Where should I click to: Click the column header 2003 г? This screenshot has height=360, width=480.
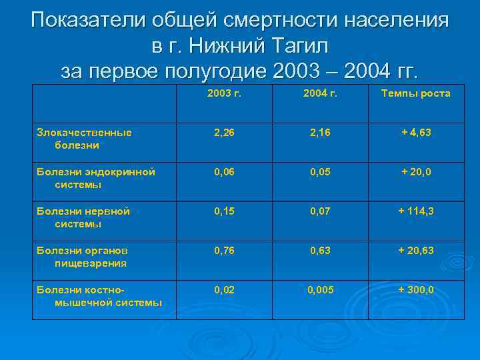[x=224, y=93]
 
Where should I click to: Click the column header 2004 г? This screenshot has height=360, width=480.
[x=320, y=93]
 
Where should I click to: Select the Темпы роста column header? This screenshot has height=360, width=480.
[x=415, y=93]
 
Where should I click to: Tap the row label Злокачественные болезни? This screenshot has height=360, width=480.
[x=84, y=138]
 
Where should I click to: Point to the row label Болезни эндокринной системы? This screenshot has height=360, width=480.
[x=96, y=177]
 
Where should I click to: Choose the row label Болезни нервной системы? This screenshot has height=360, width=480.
[x=83, y=217]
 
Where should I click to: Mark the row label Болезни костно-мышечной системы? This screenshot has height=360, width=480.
[x=99, y=296]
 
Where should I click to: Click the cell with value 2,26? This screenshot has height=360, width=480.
[x=224, y=133]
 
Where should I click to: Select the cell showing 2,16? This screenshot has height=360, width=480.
[x=320, y=133]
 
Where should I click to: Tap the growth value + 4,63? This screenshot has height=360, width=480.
[x=415, y=133]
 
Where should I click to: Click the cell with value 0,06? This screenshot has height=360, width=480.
[x=224, y=172]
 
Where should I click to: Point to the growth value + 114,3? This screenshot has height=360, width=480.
[x=415, y=211]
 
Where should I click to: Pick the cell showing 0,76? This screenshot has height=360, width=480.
[x=224, y=251]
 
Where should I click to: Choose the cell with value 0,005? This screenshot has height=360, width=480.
[x=320, y=290]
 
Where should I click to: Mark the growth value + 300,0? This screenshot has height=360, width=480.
[x=415, y=290]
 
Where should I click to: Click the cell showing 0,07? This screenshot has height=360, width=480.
[x=320, y=211]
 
